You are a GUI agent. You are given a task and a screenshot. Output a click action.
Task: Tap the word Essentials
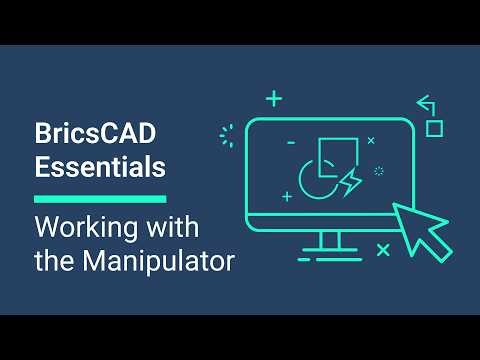(99, 168)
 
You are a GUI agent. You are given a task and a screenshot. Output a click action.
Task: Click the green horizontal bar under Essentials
(99, 199)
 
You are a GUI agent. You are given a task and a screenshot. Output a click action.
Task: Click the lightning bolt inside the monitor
(351, 183)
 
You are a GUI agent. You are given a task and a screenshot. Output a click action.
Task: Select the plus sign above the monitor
(273, 98)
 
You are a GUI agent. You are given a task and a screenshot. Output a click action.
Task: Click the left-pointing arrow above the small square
(425, 101)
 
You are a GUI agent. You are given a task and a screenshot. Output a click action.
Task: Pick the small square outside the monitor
(434, 127)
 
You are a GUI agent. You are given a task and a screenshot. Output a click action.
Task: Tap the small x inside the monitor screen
(370, 141)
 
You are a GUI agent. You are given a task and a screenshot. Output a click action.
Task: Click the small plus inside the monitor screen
(287, 197)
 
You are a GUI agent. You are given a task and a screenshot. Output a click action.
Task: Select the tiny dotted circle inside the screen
(378, 171)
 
